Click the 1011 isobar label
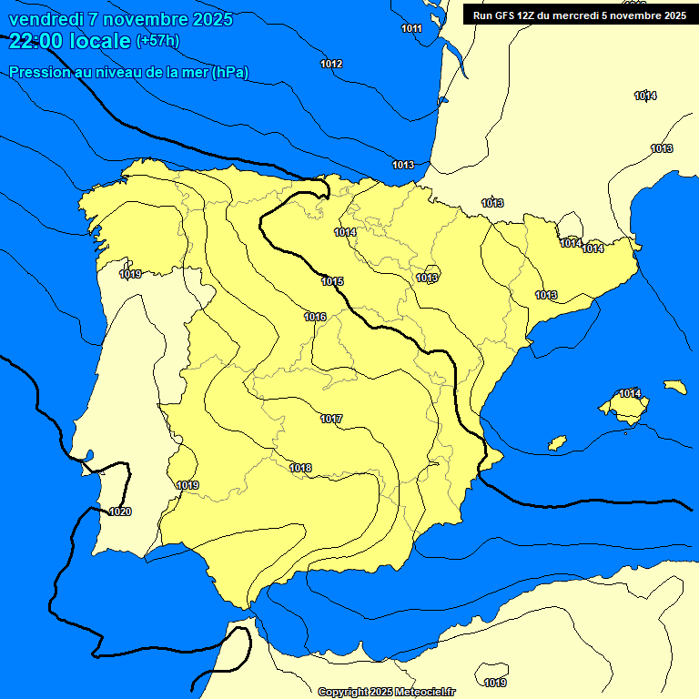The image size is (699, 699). click(411, 28)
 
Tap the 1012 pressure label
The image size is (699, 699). click(331, 64)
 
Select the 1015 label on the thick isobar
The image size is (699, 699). click(332, 281)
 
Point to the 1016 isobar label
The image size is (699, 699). click(315, 317)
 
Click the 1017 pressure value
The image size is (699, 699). click(331, 419)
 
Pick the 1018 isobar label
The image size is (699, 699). click(300, 468)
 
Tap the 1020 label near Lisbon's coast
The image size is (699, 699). click(120, 512)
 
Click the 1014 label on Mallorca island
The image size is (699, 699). click(630, 393)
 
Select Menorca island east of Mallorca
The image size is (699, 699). click(674, 387)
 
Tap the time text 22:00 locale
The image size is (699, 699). click(70, 41)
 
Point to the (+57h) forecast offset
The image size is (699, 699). click(158, 41)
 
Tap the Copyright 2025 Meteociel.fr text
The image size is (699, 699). click(386, 692)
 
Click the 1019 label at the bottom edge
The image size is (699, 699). click(495, 683)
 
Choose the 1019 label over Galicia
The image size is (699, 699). click(130, 274)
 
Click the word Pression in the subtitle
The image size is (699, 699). click(37, 72)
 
